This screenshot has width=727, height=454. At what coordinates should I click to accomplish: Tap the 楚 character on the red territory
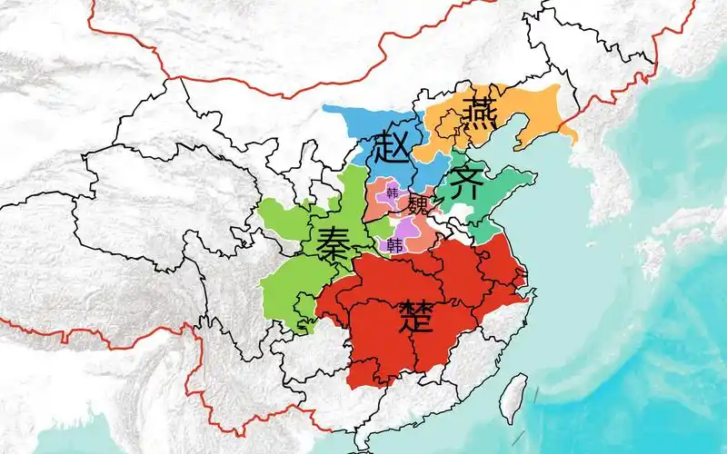(x=420, y=319)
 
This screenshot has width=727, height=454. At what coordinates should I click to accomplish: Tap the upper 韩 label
(x=393, y=193)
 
